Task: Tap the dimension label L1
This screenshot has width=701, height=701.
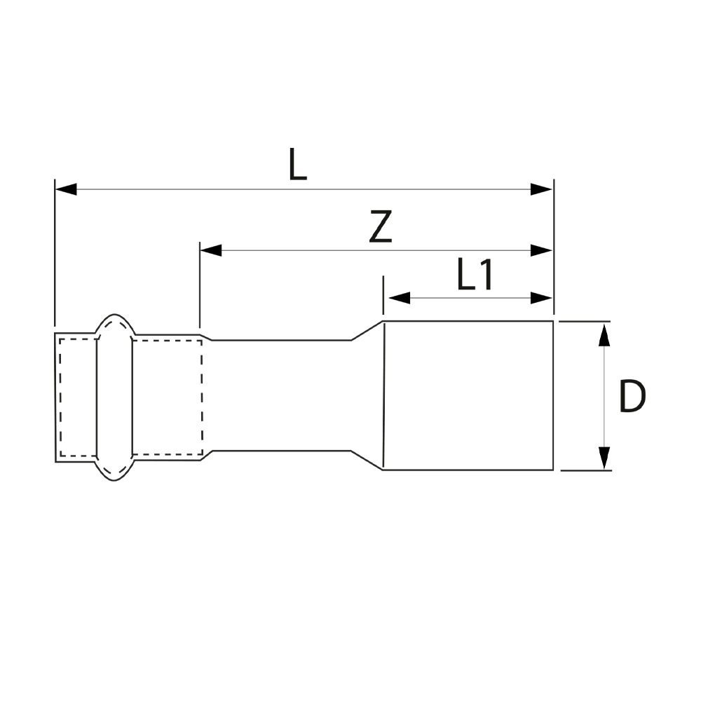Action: (x=475, y=275)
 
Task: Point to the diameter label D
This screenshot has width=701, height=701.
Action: (x=632, y=397)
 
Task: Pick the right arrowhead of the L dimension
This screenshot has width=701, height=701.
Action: (x=542, y=189)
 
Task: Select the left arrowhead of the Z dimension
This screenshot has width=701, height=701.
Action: (x=211, y=250)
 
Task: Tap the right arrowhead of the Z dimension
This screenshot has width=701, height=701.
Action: (x=542, y=250)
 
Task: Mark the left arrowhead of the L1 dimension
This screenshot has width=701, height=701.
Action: (x=399, y=298)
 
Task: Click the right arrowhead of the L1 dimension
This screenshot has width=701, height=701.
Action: (x=542, y=298)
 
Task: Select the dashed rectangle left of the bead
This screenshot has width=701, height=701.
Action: (x=78, y=397)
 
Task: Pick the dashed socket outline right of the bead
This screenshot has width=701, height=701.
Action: (x=167, y=397)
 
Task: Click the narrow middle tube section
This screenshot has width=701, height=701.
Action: (x=280, y=395)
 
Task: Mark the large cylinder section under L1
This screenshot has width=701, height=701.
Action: (x=468, y=395)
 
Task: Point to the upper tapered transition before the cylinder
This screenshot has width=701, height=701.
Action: (x=367, y=330)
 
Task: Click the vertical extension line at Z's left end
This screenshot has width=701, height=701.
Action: (x=200, y=287)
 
